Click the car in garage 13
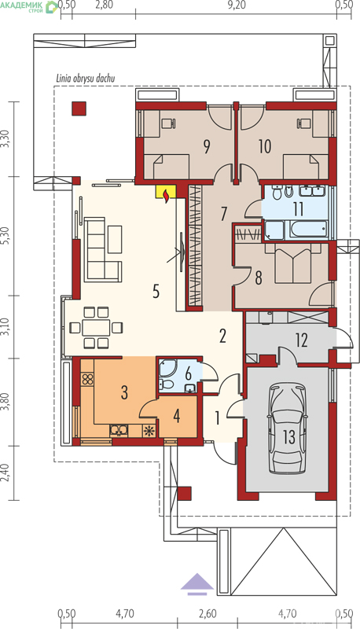[x=288, y=429]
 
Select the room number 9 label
[x=206, y=147]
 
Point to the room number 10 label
[x=265, y=147]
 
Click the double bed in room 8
[x=293, y=265]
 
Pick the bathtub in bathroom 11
[x=307, y=230]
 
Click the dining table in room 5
[x=96, y=327]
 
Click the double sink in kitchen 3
[x=119, y=430]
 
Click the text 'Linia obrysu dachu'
[x=85, y=77]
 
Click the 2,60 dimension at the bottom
[x=208, y=613]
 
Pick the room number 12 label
[x=302, y=340]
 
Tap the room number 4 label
[x=176, y=417]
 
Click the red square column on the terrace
[x=79, y=109]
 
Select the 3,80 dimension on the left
[x=6, y=402]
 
